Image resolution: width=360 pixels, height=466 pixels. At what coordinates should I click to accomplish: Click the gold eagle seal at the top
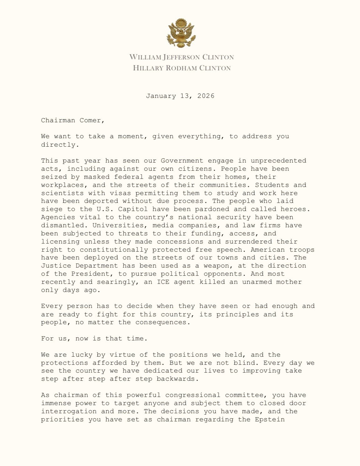(x=180, y=33)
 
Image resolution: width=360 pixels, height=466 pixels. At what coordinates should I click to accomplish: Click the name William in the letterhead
(x=145, y=57)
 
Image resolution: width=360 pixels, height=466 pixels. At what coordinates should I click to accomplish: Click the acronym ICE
(x=163, y=282)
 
